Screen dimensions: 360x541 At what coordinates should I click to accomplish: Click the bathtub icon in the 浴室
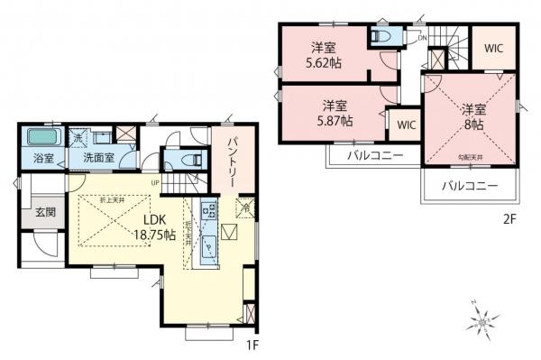point(41,138)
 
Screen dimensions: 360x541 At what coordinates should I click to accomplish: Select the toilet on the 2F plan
point(381,36)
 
